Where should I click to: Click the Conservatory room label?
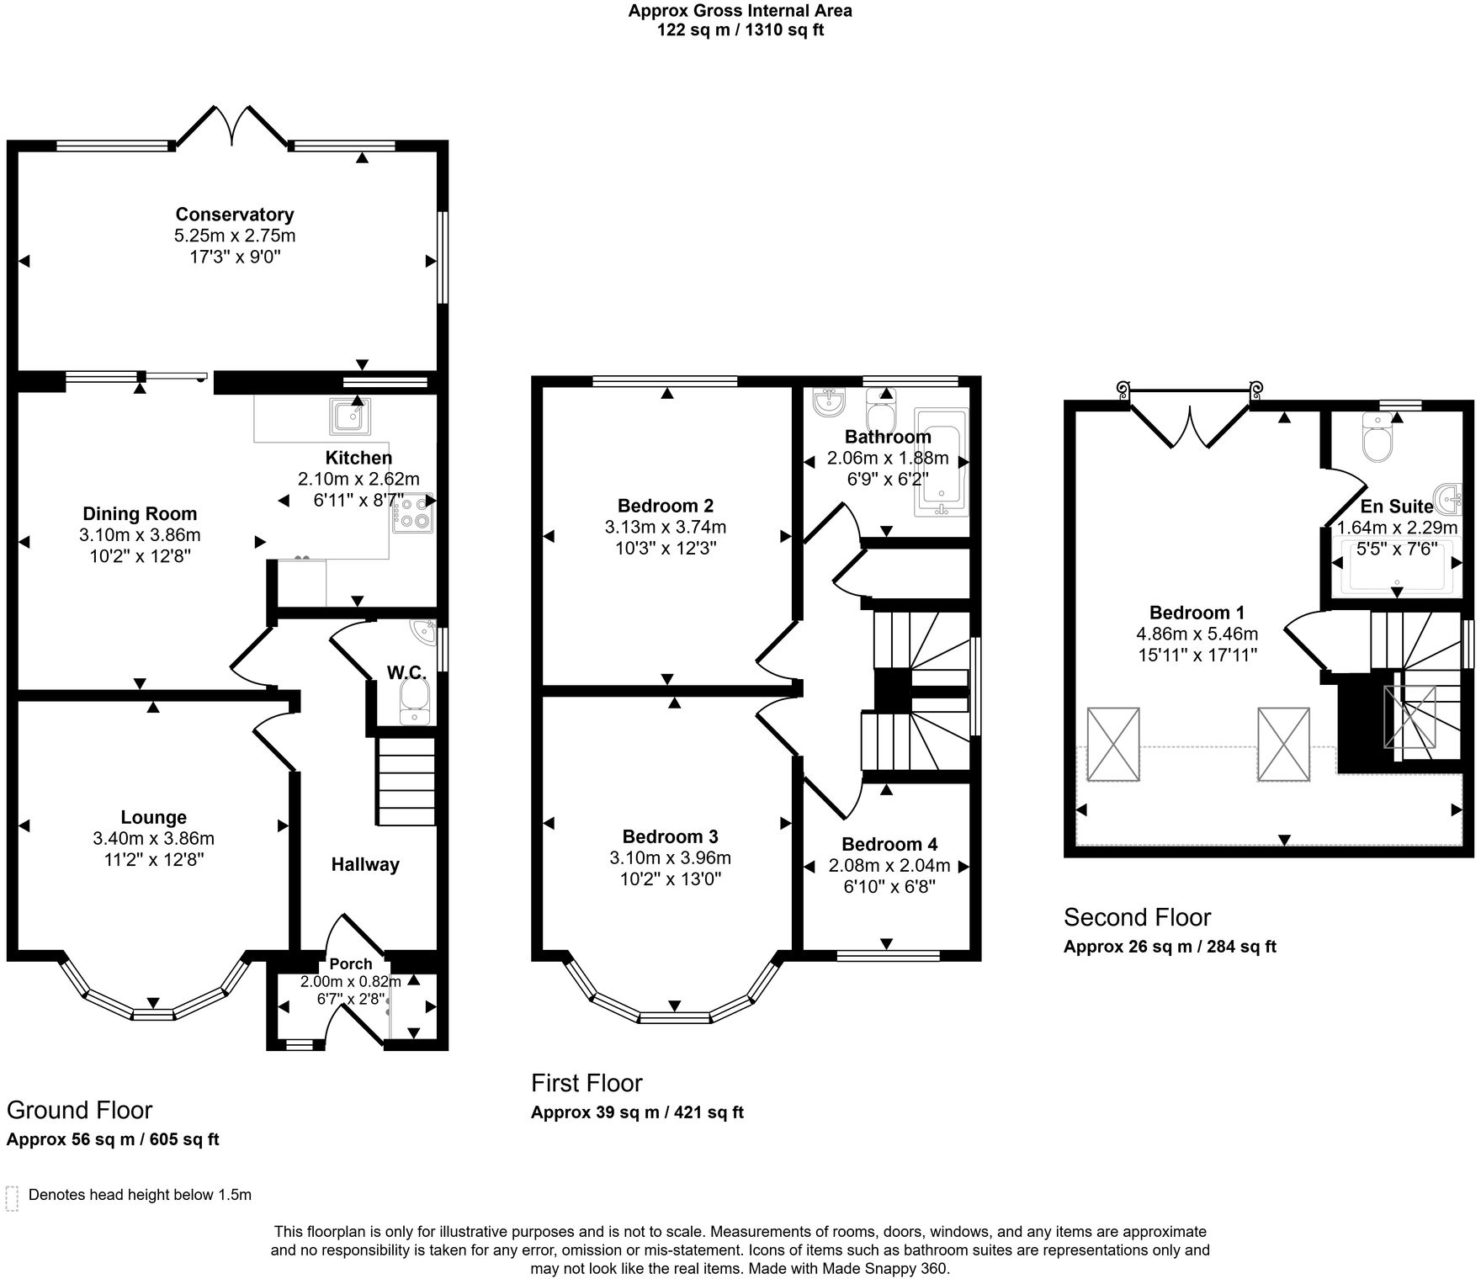(x=234, y=215)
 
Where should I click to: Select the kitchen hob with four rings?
(x=412, y=512)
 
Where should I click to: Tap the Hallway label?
(x=364, y=864)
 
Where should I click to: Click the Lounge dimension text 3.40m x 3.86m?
(x=153, y=838)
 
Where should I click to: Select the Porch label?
(x=350, y=963)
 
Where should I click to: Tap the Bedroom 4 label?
(x=889, y=844)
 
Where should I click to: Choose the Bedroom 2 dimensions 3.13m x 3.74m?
(x=665, y=528)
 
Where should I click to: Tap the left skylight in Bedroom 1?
(x=1112, y=744)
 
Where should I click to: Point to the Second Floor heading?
(x=1137, y=916)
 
